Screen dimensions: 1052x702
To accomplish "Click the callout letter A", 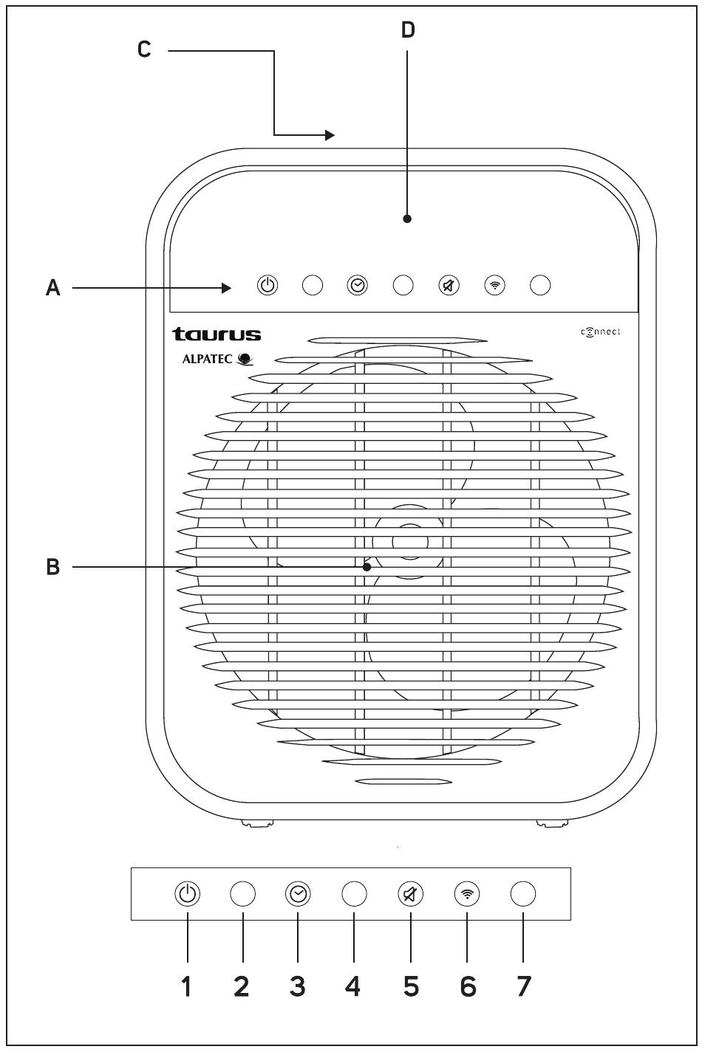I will (53, 287).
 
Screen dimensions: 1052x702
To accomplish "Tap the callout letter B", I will (53, 567).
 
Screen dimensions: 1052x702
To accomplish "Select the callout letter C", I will (145, 49).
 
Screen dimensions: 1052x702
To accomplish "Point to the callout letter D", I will (408, 30).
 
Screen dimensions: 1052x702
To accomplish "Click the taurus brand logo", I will (217, 334).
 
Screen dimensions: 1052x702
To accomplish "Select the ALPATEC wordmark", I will (208, 360).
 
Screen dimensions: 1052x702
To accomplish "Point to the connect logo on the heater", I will (601, 331).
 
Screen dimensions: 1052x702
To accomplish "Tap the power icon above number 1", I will (188, 895).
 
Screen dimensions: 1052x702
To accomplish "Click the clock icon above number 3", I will (298, 895).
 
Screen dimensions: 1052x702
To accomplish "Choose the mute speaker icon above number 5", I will (411, 895).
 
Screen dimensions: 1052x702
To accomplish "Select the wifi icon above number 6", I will (467, 895).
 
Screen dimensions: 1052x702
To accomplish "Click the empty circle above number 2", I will (243, 895).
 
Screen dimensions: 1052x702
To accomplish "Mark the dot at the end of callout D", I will (407, 219).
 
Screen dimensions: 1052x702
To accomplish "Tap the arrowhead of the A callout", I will (228, 287).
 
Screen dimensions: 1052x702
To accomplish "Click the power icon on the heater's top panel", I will (267, 285).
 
